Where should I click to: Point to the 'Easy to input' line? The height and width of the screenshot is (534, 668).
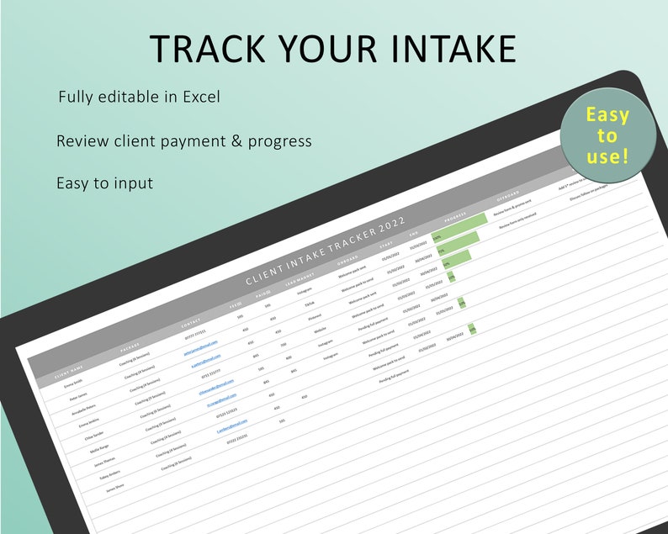[105, 182]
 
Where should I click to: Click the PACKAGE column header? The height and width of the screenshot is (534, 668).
[130, 346]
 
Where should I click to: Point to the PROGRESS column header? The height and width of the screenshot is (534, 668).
[455, 217]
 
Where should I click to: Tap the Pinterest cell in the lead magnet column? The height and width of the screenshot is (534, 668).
[315, 316]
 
